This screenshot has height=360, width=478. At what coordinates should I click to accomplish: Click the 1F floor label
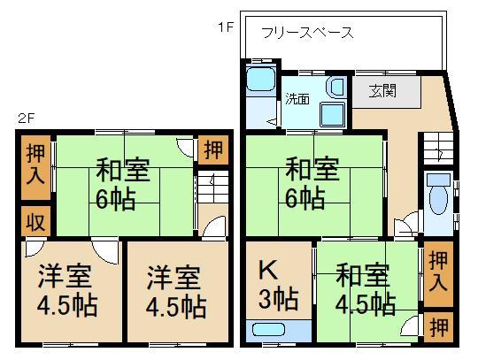click(x=225, y=27)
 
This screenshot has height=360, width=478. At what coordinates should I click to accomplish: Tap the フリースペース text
click(x=307, y=34)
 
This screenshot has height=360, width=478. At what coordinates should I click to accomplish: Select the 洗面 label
click(x=297, y=99)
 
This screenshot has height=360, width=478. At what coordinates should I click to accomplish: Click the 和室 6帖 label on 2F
click(x=120, y=182)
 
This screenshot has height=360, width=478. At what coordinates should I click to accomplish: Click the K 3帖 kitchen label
click(x=274, y=283)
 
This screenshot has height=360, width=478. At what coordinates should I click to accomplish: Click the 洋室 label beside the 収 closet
click(x=66, y=291)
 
